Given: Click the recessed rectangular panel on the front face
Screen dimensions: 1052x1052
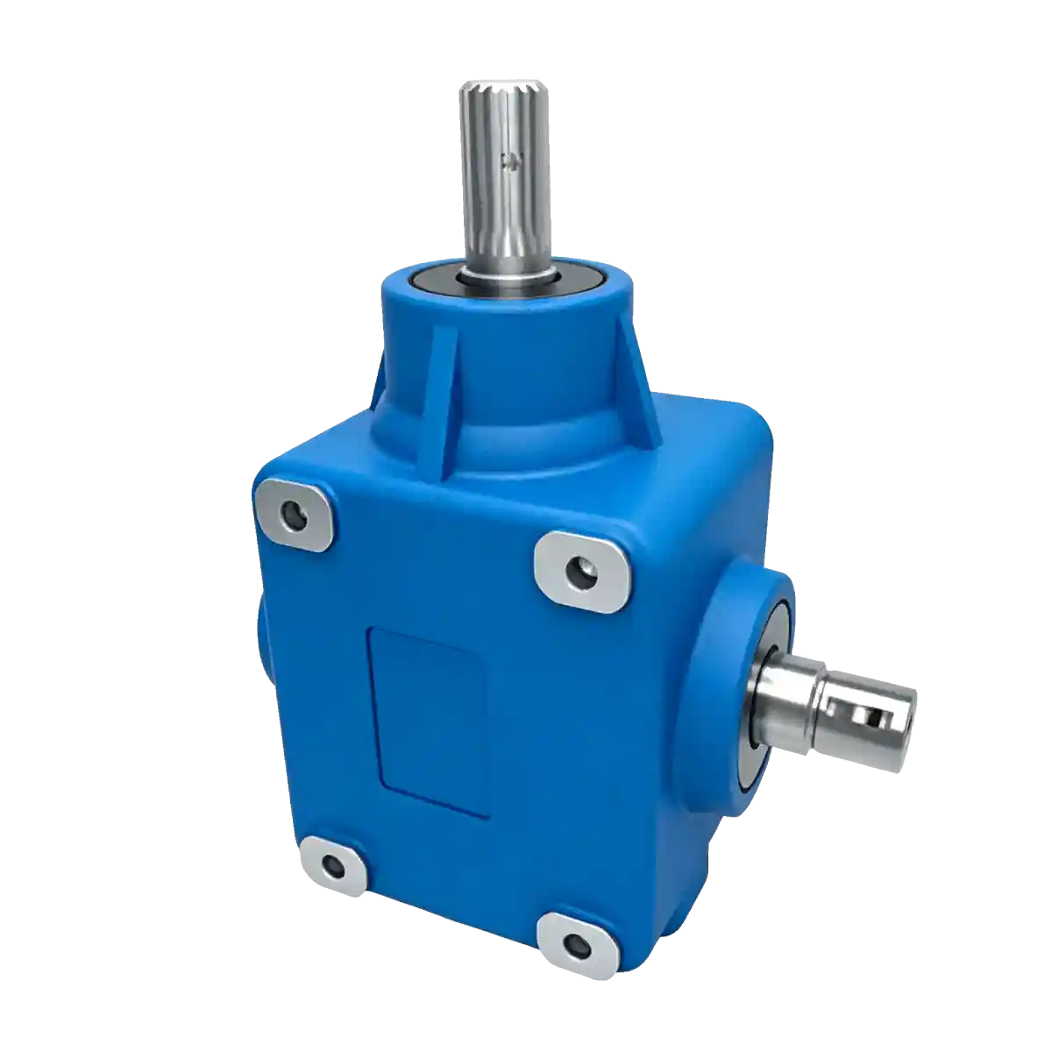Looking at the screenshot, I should (x=429, y=719).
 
